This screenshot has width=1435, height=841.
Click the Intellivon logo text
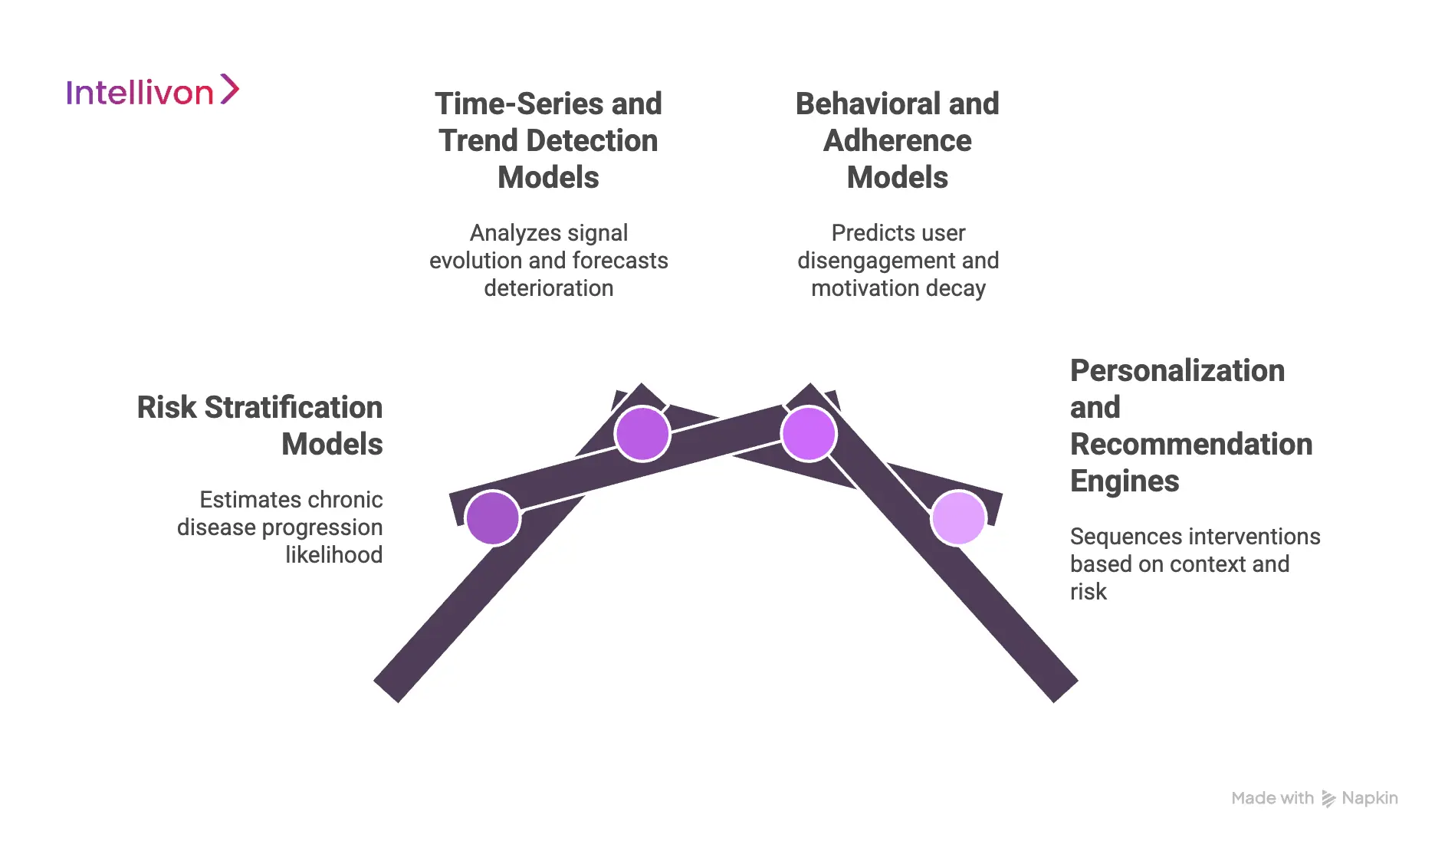(x=140, y=93)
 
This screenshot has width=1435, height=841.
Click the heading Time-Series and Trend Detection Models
(x=548, y=140)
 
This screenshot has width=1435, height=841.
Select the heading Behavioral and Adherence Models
(x=897, y=140)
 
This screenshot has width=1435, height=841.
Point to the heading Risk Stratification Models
(x=260, y=425)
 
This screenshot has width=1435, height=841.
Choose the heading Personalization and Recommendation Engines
(x=1190, y=425)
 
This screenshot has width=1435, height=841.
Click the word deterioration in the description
(x=548, y=288)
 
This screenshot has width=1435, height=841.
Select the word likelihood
(x=333, y=554)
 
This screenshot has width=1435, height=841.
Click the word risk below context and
(x=1088, y=592)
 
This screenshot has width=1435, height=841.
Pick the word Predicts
(x=863, y=233)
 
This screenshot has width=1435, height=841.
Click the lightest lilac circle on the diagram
(x=958, y=518)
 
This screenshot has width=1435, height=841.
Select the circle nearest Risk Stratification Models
(x=492, y=518)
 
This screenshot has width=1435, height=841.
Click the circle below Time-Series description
(x=642, y=433)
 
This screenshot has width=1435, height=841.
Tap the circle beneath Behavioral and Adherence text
(x=808, y=433)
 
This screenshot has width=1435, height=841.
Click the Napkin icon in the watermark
(x=1328, y=799)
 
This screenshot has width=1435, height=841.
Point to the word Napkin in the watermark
(x=1370, y=798)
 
